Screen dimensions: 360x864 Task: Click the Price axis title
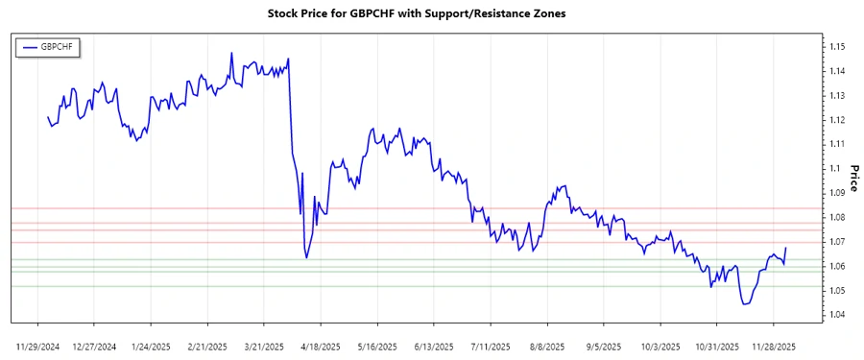853,180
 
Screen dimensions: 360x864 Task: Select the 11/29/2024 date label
38,345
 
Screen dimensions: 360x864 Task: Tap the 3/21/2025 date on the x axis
265,345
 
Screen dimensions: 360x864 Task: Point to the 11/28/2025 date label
774,345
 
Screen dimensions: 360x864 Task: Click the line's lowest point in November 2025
745,304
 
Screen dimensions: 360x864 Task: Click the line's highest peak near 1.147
231,53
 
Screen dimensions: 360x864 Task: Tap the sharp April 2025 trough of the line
306,257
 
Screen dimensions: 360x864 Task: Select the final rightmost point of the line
786,248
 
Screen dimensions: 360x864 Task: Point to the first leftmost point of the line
47,117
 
